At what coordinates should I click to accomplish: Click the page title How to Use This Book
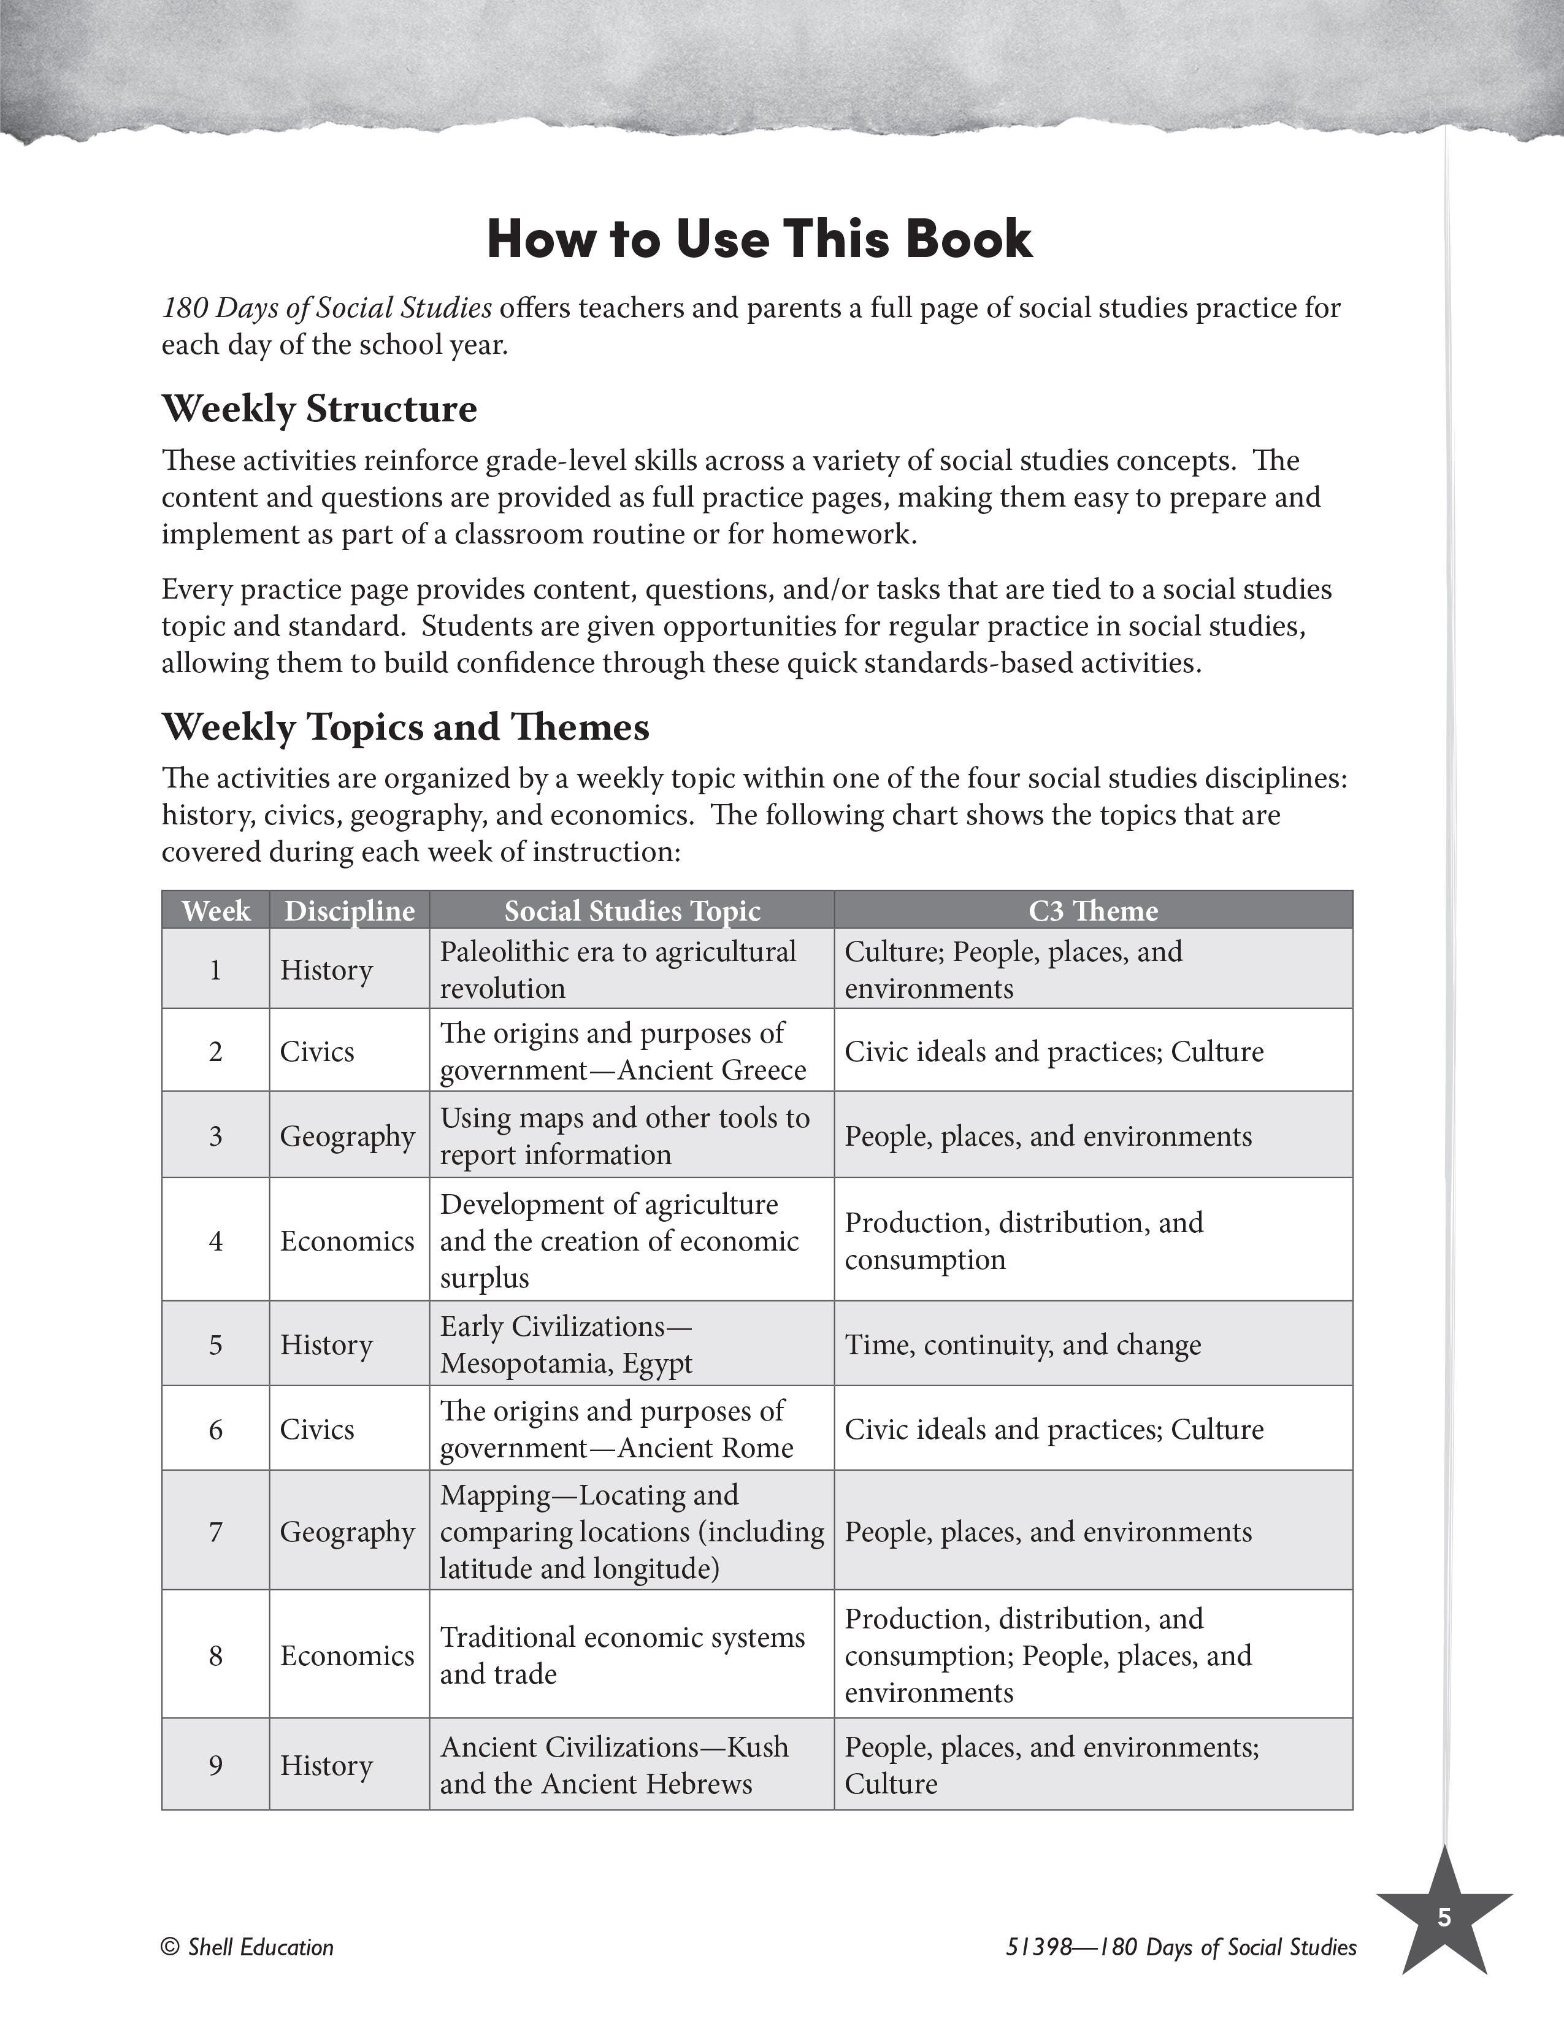click(x=759, y=239)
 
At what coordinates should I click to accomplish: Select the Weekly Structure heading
click(x=319, y=408)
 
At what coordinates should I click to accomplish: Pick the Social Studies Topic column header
click(x=632, y=911)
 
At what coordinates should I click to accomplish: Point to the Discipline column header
click(x=350, y=911)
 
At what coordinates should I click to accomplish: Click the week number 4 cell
click(x=216, y=1240)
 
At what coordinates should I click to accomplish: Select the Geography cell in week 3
click(x=347, y=1136)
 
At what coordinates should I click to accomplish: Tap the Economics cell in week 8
click(x=347, y=1655)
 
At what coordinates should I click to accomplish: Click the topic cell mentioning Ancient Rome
click(x=616, y=1429)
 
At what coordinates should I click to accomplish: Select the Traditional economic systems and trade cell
click(x=622, y=1655)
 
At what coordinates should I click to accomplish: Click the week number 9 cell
click(x=216, y=1765)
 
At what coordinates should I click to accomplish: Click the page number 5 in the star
click(x=1444, y=1917)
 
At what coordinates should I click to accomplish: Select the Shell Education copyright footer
click(x=247, y=1947)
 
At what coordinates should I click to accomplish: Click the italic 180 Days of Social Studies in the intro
click(x=326, y=308)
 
